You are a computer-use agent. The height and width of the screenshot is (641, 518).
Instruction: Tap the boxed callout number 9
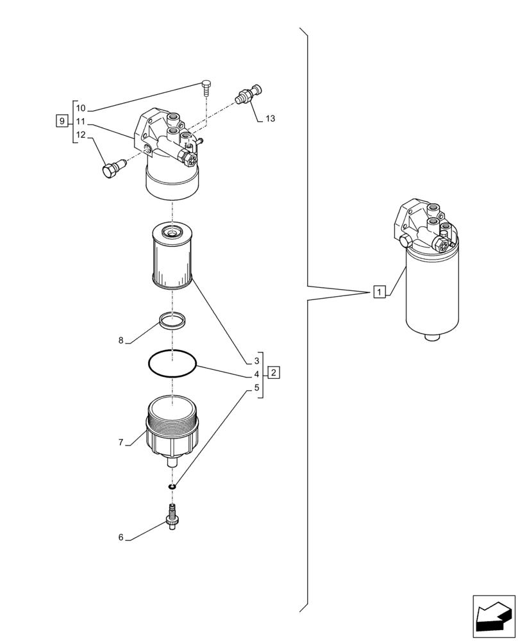[x=62, y=121]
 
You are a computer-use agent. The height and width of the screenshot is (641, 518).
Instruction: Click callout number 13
[x=270, y=119]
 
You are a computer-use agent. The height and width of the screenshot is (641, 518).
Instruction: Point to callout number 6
[x=121, y=538]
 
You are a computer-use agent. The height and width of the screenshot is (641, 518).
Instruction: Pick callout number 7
[x=121, y=443]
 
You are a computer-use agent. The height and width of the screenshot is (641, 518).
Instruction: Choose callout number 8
[x=121, y=340]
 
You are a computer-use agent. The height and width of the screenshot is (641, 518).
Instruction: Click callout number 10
[x=81, y=108]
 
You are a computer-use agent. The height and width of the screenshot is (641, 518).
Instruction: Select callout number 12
[x=81, y=135]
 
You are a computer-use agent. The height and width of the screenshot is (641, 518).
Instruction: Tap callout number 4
[x=256, y=374]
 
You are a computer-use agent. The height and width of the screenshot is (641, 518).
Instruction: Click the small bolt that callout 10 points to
[x=206, y=87]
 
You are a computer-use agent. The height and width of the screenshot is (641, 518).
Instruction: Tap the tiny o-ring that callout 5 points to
[x=172, y=487]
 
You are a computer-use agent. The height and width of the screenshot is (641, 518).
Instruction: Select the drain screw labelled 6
[x=172, y=515]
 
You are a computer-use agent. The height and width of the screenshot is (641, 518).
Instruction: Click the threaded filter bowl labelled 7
[x=171, y=428]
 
